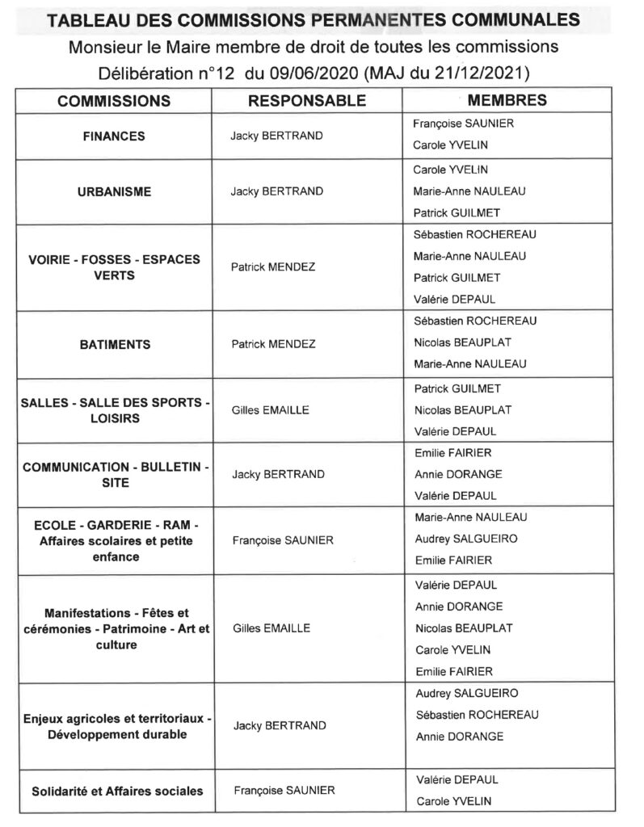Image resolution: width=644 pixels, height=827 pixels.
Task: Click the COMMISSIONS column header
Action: click(x=114, y=101)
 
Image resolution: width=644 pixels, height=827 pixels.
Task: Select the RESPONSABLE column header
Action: click(x=306, y=101)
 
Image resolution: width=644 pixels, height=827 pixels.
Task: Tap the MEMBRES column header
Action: click(x=507, y=100)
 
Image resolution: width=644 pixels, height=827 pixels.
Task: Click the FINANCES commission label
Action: click(x=114, y=136)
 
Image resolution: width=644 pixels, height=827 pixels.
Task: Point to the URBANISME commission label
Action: click(x=114, y=192)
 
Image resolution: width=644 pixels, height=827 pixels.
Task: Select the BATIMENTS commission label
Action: click(x=114, y=344)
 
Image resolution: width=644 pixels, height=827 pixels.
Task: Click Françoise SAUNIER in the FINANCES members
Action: click(x=463, y=124)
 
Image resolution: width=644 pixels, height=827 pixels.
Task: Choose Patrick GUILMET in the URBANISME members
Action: click(x=457, y=212)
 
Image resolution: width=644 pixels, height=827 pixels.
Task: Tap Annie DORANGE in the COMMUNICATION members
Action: click(x=458, y=474)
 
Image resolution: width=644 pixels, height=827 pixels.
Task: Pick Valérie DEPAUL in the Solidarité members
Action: click(x=456, y=780)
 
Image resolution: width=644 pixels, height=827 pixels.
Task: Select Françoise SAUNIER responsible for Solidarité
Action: click(x=283, y=791)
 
